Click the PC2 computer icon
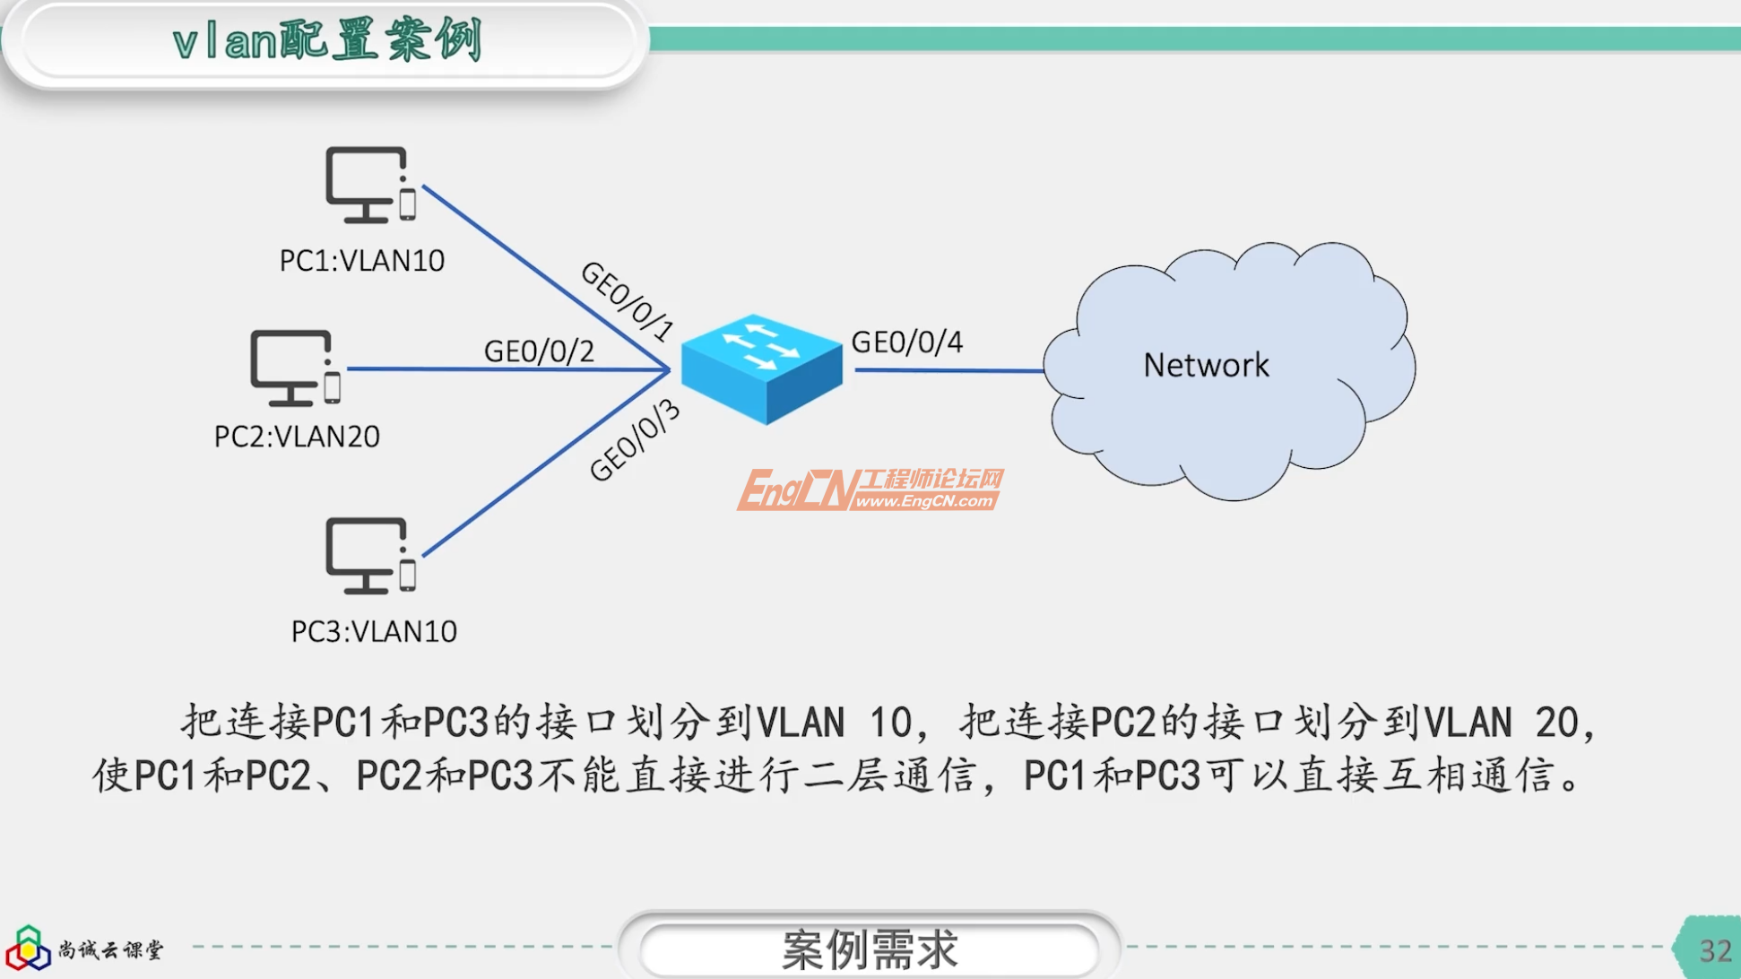click(x=295, y=368)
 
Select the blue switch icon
click(x=761, y=368)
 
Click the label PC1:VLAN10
click(x=362, y=261)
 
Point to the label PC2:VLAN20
click(x=297, y=437)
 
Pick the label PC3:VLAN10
click(x=374, y=631)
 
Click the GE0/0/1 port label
click(x=627, y=301)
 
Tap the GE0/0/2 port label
click(x=539, y=351)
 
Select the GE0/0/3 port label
click(x=634, y=441)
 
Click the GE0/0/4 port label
click(x=906, y=342)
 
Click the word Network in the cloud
click(x=1206, y=365)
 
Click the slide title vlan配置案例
click(x=328, y=41)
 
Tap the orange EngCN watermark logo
click(x=869, y=489)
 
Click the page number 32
click(x=1714, y=950)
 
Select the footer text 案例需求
click(x=869, y=949)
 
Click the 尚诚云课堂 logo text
click(x=111, y=949)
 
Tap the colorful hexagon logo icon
click(x=28, y=949)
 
